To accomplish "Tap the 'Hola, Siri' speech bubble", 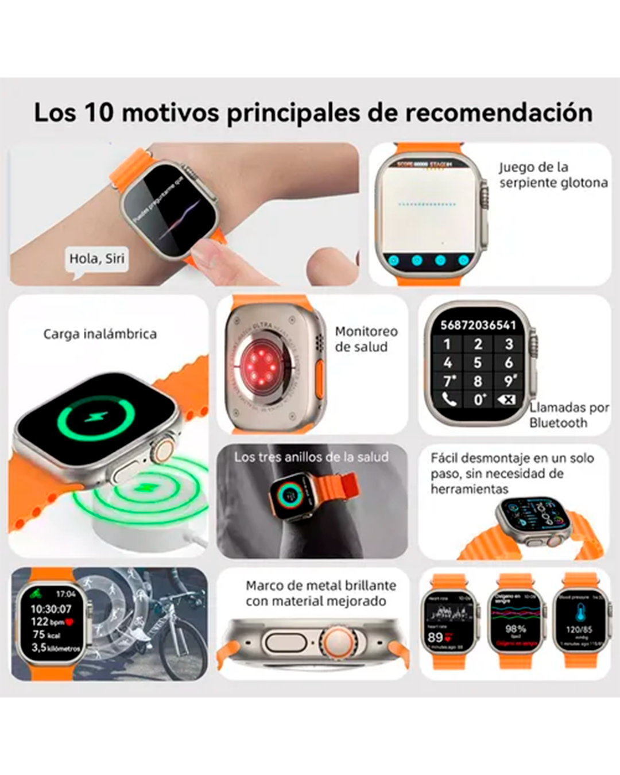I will pyautogui.click(x=96, y=259).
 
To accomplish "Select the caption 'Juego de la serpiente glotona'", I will pyautogui.click(x=553, y=175).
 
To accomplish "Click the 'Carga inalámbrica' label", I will pyautogui.click(x=100, y=334).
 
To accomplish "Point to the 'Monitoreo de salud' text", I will pyautogui.click(x=366, y=339).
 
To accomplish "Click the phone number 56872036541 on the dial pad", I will pyautogui.click(x=478, y=325).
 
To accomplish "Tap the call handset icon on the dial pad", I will pyautogui.click(x=448, y=399).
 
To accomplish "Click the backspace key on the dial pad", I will pyautogui.click(x=507, y=399).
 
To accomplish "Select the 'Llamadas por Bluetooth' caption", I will pyautogui.click(x=568, y=415).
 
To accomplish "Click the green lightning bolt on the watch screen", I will pyautogui.click(x=96, y=417).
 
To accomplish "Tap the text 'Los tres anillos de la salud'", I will pyautogui.click(x=311, y=458).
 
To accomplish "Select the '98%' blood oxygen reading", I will pyautogui.click(x=515, y=629).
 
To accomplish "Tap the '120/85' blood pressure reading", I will pyautogui.click(x=578, y=630).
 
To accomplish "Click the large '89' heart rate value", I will pyautogui.click(x=435, y=637).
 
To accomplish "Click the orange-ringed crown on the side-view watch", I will pyautogui.click(x=336, y=641).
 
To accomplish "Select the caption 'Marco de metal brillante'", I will pyautogui.click(x=320, y=586).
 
